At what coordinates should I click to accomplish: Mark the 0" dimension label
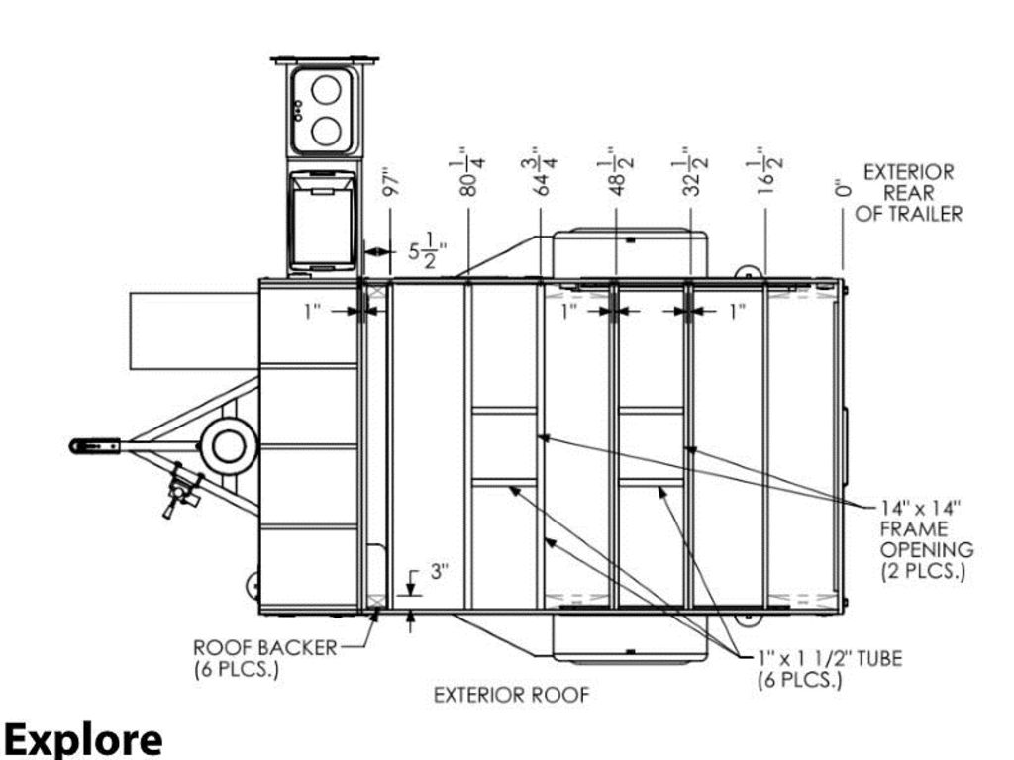[x=842, y=188]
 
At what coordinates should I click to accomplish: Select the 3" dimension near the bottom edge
[x=439, y=572]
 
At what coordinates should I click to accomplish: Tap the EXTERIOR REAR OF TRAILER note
[x=909, y=193]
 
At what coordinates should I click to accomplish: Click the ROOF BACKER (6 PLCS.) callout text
[x=265, y=658]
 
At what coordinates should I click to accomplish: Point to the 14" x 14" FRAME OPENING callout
[x=927, y=539]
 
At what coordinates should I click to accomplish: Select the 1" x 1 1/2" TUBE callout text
[x=830, y=668]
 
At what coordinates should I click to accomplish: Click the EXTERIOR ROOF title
[x=512, y=696]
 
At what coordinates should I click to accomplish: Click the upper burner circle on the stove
[x=327, y=90]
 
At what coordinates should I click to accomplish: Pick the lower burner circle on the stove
[x=327, y=131]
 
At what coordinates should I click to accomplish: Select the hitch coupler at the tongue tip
[x=94, y=446]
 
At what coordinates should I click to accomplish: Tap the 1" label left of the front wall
[x=312, y=312]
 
